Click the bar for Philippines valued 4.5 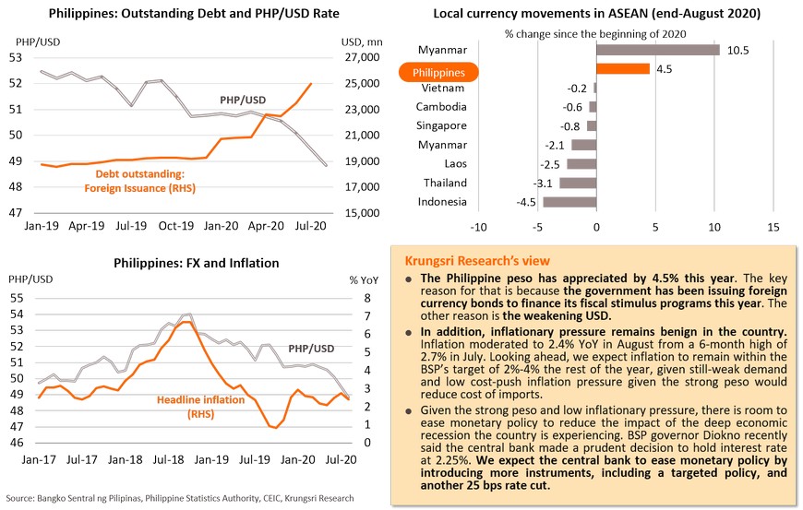pos(623,68)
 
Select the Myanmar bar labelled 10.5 pos(657,50)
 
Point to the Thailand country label pos(445,183)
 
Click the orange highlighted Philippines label pos(437,71)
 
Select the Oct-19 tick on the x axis pos(175,225)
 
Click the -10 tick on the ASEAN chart pos(478,226)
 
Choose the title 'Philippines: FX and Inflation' pos(196,263)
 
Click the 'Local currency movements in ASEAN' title pos(592,14)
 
